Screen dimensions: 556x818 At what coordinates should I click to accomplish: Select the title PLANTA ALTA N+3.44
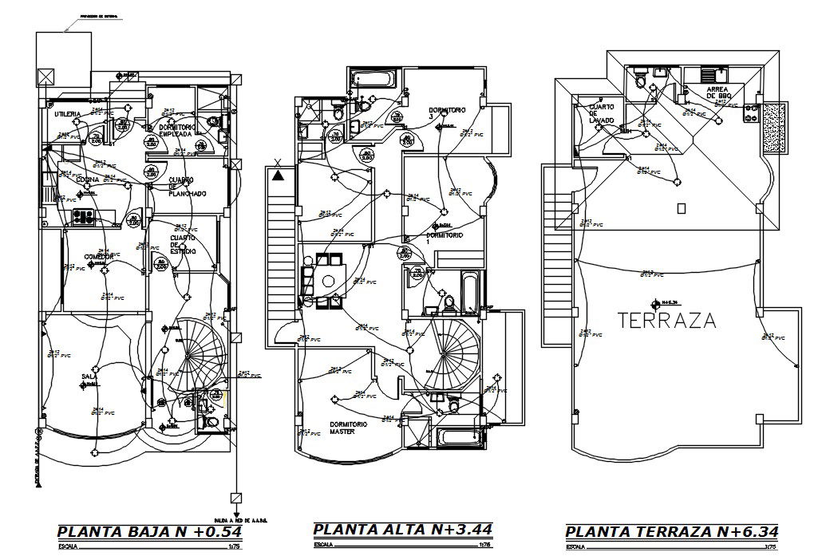point(402,529)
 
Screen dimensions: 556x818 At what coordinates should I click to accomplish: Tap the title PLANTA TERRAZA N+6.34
point(671,532)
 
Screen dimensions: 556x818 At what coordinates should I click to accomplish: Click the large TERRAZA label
point(667,320)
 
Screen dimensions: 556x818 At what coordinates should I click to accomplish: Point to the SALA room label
point(89,377)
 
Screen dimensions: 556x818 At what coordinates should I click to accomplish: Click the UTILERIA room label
point(69,115)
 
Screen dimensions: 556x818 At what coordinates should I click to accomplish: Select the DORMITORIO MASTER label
point(349,428)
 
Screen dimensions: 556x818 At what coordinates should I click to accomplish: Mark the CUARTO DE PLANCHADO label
point(188,187)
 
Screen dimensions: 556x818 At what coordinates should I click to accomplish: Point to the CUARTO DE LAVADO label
point(601,115)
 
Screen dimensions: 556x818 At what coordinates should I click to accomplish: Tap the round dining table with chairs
point(328,280)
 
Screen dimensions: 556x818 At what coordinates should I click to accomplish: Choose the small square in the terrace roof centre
point(681,209)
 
